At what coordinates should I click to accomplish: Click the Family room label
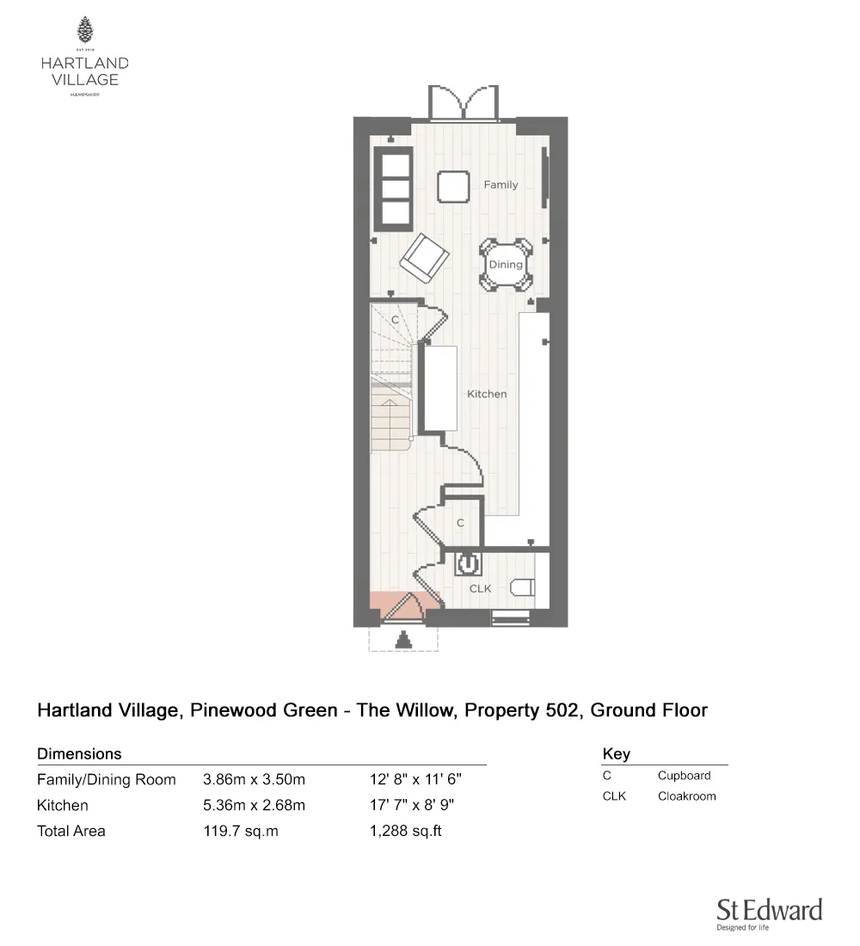pyautogui.click(x=501, y=185)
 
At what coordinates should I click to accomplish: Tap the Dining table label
pyautogui.click(x=506, y=265)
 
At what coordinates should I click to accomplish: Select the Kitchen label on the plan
pyautogui.click(x=487, y=394)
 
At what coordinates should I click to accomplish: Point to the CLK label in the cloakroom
pyautogui.click(x=480, y=589)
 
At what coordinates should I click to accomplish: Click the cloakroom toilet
pyautogui.click(x=522, y=588)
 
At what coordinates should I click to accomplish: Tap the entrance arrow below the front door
pyautogui.click(x=402, y=640)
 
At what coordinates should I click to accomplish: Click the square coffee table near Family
pyautogui.click(x=452, y=186)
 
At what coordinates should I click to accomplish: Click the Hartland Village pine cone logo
pyautogui.click(x=85, y=31)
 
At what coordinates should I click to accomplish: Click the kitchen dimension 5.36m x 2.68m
pyautogui.click(x=254, y=806)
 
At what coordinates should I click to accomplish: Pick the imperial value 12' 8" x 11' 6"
pyautogui.click(x=416, y=780)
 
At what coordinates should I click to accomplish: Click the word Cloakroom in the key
pyautogui.click(x=686, y=796)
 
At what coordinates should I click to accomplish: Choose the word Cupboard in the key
pyautogui.click(x=684, y=776)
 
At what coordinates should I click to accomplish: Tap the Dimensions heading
pyautogui.click(x=79, y=754)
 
